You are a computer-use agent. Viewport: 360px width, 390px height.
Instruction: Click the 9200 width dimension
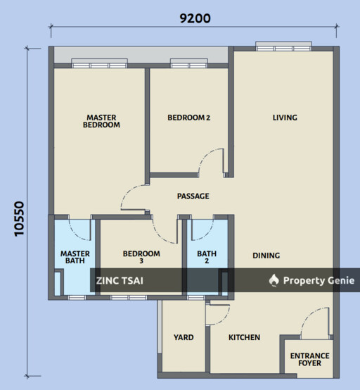(195, 18)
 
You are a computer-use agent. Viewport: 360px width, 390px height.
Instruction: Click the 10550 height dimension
(19, 219)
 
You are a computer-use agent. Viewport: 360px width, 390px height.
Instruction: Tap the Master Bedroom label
(101, 121)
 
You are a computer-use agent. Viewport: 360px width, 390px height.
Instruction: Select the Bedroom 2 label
(189, 118)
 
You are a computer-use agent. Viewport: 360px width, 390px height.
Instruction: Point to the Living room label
(285, 118)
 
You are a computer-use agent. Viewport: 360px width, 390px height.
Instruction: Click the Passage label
(193, 196)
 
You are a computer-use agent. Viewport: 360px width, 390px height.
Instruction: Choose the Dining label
(266, 256)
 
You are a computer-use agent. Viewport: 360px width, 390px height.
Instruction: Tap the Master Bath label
(75, 257)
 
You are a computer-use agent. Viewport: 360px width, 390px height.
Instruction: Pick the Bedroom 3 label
(141, 257)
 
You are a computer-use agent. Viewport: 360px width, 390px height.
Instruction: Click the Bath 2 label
(207, 257)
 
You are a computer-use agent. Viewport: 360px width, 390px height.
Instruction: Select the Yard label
(184, 337)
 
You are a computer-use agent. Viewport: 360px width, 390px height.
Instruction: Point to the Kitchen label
(244, 337)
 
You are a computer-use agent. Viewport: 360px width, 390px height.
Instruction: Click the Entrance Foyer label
(310, 360)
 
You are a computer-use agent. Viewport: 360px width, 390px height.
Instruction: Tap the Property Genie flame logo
(274, 280)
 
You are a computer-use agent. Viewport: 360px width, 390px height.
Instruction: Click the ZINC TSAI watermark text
(120, 281)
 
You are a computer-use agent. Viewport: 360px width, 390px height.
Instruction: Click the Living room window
(284, 46)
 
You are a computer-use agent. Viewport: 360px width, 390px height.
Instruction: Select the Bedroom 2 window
(189, 63)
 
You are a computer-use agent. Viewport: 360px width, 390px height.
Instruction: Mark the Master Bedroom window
(99, 63)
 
